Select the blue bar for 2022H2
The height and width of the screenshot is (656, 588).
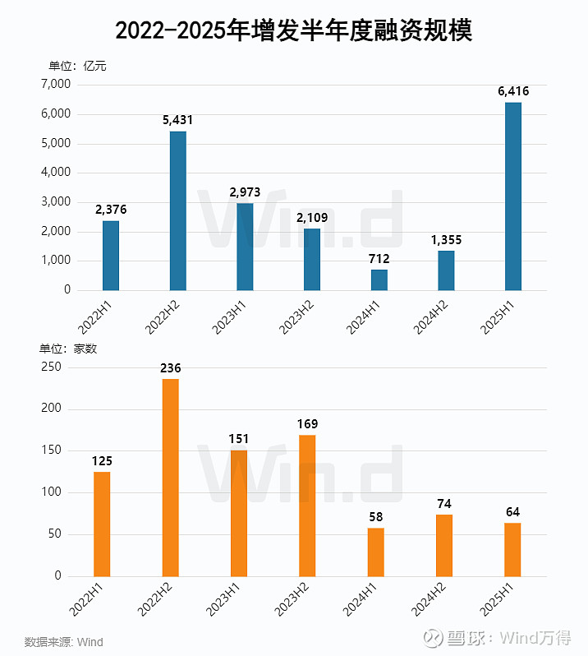177,210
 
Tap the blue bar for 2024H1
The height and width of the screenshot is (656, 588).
379,279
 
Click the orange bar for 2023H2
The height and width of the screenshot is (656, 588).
307,505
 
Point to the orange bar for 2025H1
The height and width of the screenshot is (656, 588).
512,549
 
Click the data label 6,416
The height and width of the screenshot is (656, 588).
513,91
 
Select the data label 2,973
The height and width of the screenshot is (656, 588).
245,192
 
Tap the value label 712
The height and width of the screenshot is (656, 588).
379,259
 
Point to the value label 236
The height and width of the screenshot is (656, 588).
170,368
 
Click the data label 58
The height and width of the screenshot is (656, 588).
375,517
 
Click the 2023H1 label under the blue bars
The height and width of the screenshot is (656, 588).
232,316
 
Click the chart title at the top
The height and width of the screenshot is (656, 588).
293,30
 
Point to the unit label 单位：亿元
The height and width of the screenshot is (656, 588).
77,66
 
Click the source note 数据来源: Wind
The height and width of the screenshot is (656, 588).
64,641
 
